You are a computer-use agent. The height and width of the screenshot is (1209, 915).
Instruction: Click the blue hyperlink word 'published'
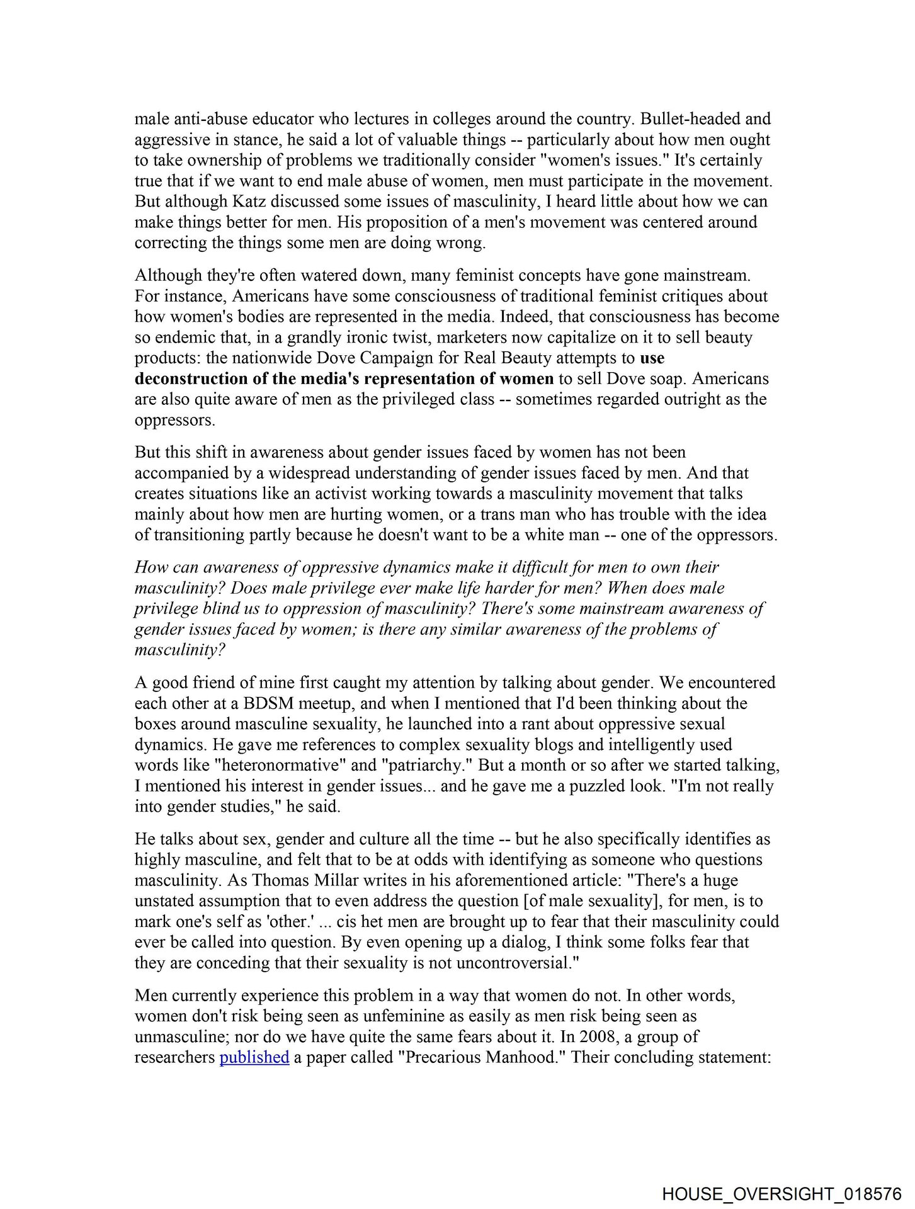point(254,1057)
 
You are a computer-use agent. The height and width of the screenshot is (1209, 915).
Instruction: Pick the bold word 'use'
point(652,358)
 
